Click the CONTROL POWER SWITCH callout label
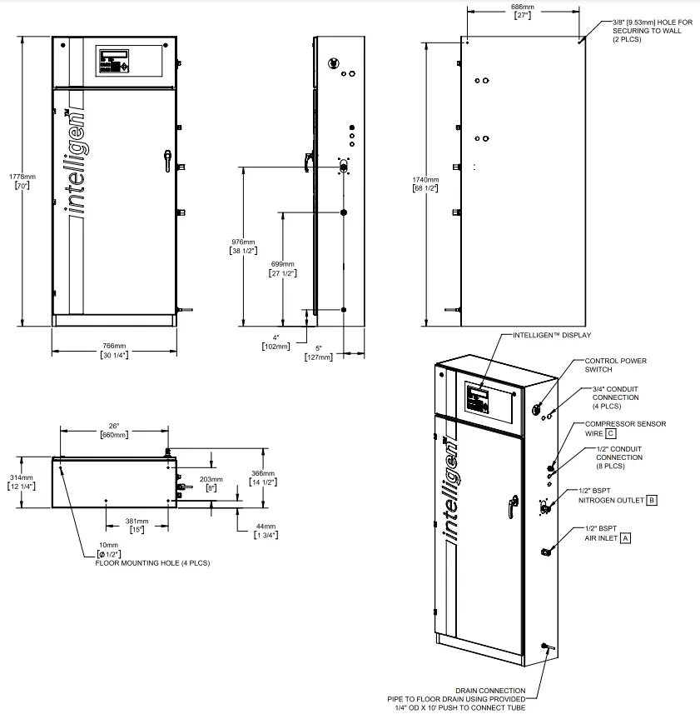(615, 365)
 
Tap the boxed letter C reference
(610, 433)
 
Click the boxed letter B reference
(652, 500)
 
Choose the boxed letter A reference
(625, 538)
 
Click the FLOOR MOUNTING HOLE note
(152, 563)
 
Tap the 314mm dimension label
(22, 482)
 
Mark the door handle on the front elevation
(167, 159)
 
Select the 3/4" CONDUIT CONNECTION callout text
(617, 397)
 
